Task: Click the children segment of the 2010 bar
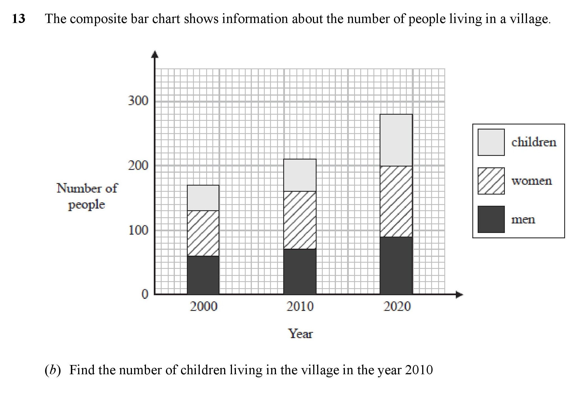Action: [300, 175]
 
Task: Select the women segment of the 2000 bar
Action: [203, 233]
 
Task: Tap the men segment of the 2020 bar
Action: [396, 265]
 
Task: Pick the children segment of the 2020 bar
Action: [396, 140]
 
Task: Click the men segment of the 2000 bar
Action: [203, 275]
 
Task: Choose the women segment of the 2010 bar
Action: [300, 220]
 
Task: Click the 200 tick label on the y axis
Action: [138, 165]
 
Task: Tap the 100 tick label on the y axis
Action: [138, 230]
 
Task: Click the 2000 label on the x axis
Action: [203, 306]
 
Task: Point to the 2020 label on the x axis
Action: [397, 306]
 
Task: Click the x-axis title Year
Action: [300, 334]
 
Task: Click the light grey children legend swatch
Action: [491, 142]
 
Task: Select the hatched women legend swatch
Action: [491, 181]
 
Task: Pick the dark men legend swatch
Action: [491, 219]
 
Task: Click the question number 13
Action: [19, 19]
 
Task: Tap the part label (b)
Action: [53, 370]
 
